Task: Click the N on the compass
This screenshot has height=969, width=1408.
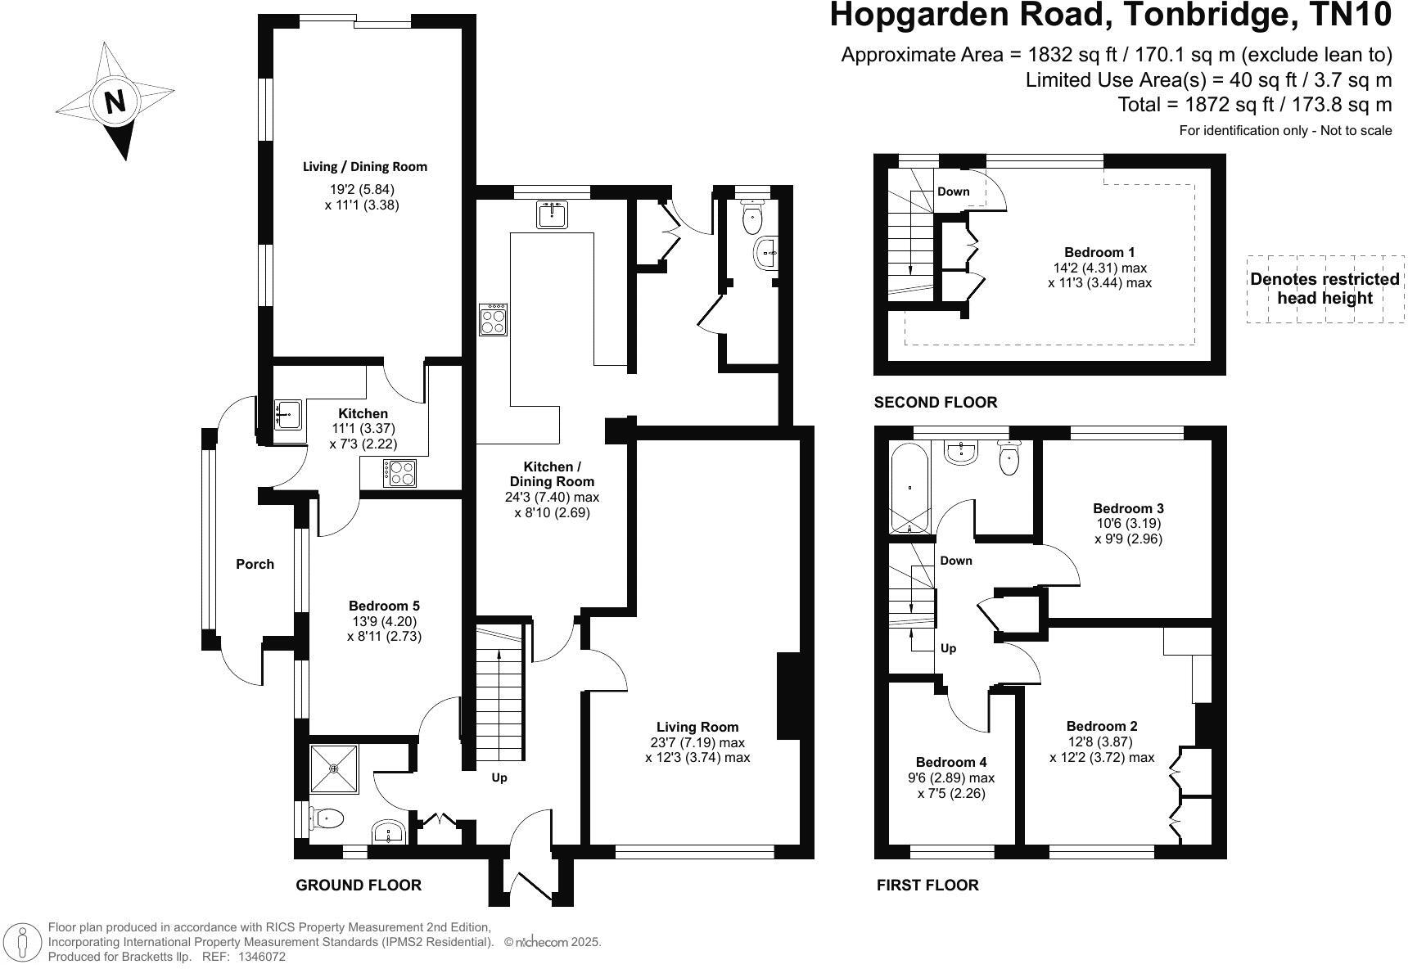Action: tap(115, 102)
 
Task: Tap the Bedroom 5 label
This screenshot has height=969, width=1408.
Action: tap(384, 606)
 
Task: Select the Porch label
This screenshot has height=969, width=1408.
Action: tap(255, 564)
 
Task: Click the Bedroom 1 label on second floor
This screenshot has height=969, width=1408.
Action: tap(1099, 252)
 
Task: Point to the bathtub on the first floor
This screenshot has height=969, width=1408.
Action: tap(910, 488)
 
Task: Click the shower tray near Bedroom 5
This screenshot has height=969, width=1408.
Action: tap(334, 768)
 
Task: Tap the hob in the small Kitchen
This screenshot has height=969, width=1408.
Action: tap(399, 473)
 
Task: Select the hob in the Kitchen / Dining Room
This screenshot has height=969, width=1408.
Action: tap(494, 319)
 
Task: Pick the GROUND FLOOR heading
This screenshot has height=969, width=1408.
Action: tap(359, 885)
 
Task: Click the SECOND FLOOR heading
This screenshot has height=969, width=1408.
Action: tap(936, 402)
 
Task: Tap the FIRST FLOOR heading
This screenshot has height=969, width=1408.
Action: tap(927, 885)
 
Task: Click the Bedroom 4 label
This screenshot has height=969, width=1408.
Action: tap(951, 762)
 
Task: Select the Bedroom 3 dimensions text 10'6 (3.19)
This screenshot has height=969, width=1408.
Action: tap(1128, 523)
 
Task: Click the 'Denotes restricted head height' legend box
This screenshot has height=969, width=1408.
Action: tap(1325, 288)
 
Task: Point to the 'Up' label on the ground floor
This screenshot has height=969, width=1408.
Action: tap(499, 777)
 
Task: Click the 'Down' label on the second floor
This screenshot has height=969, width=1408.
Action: tap(953, 192)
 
